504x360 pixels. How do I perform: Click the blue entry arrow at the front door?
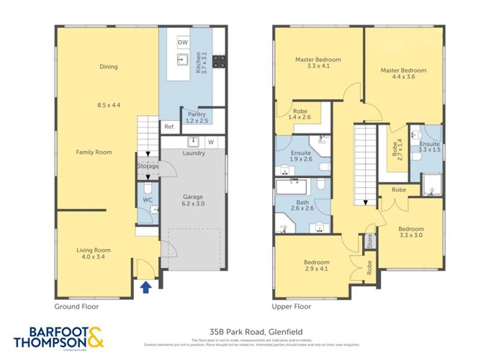coord(146,287)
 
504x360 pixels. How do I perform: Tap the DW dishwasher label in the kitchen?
coord(183,43)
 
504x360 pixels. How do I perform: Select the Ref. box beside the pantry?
coord(168,127)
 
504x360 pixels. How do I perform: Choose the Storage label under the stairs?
coord(148,166)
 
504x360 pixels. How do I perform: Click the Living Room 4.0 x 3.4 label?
coord(94,253)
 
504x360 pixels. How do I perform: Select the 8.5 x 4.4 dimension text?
coord(109,105)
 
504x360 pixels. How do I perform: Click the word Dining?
coord(109,67)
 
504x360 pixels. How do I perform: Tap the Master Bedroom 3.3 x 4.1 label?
coord(318,63)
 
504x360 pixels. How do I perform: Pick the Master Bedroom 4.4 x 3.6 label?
coord(403,74)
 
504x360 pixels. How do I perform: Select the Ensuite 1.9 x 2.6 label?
coord(301,156)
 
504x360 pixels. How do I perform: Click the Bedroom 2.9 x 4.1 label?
coord(317,266)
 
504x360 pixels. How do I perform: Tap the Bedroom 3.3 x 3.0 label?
coord(411,233)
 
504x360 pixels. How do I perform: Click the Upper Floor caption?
coord(292,306)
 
